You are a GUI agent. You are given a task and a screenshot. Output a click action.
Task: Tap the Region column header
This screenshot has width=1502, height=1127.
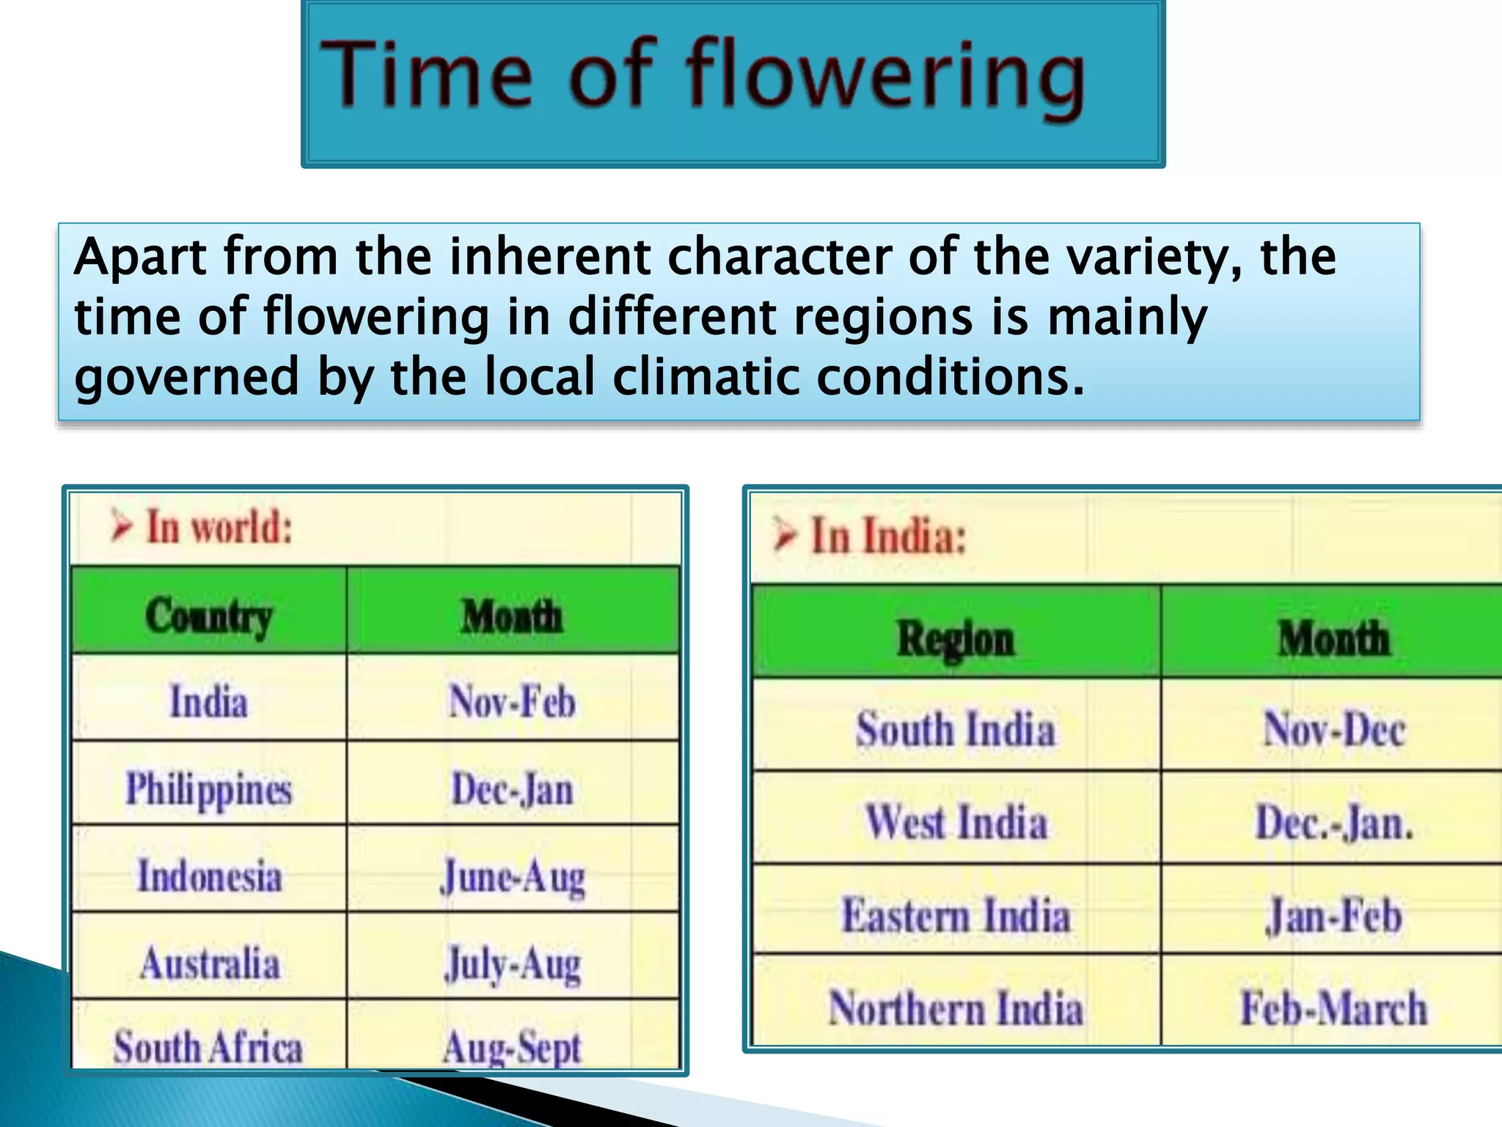956,638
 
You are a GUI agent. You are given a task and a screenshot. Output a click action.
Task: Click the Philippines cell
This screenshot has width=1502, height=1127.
209,789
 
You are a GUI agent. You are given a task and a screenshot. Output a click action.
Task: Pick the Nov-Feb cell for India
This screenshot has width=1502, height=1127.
512,701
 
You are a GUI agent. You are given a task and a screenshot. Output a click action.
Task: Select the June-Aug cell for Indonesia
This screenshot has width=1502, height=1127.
512,876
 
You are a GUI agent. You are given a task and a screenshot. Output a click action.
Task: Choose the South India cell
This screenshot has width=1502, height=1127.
956,729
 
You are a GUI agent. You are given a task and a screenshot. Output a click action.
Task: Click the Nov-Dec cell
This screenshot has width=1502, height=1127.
1334,729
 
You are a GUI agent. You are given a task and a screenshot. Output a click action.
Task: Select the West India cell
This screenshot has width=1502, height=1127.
956,822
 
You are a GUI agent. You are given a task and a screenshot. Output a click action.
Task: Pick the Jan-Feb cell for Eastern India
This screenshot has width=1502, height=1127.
1334,916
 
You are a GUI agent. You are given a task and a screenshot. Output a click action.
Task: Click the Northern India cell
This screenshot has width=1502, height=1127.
956,1007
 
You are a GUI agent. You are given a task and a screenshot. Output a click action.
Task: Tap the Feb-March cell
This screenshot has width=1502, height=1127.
1334,1007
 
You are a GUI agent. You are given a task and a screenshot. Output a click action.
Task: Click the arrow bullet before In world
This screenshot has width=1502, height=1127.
122,527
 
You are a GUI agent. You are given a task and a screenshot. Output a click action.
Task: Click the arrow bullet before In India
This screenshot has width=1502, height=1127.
785,534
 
